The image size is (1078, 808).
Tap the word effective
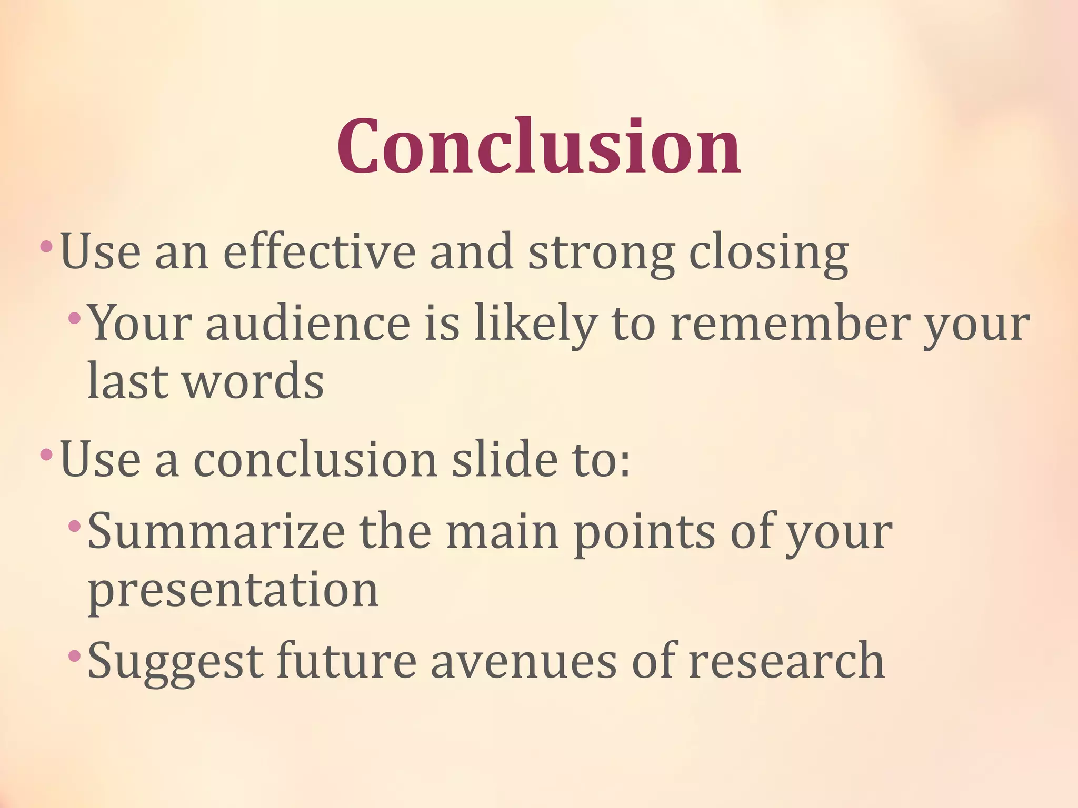pyautogui.click(x=320, y=252)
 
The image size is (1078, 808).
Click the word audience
pyautogui.click(x=308, y=323)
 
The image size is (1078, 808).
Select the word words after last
pyautogui.click(x=253, y=381)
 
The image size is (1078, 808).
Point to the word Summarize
pyautogui.click(x=216, y=532)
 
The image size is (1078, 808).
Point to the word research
pyautogui.click(x=786, y=661)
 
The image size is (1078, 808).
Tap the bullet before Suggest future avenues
pyautogui.click(x=74, y=655)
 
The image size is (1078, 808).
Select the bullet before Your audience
pyautogui.click(x=74, y=317)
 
